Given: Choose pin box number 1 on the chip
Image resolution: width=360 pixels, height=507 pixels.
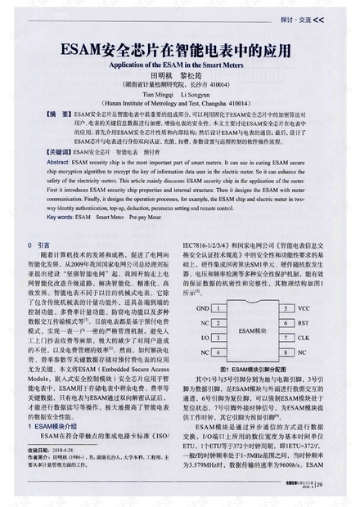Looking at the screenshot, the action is point(221,308).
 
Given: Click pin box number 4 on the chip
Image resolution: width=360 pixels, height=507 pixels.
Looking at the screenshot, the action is point(221,350).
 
